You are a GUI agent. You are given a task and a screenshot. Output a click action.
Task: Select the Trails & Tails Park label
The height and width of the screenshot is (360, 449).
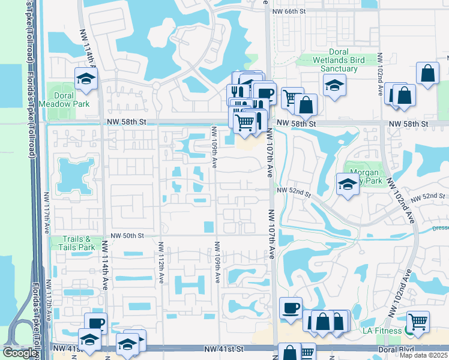pos(79,243)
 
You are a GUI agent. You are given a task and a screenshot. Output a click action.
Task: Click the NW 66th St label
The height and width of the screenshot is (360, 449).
pos(289,11)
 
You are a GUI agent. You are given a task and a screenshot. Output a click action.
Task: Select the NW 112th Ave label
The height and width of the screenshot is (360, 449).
pos(161,263)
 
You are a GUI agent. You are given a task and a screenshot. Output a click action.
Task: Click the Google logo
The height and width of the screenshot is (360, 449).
pos(20,353)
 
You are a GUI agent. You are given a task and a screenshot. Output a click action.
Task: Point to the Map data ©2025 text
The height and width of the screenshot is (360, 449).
pos(424,355)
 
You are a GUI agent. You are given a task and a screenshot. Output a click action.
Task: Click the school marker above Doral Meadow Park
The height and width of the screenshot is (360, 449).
pos(86,79)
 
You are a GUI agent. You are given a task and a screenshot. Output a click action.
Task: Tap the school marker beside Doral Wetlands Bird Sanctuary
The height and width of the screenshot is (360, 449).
pos(334,85)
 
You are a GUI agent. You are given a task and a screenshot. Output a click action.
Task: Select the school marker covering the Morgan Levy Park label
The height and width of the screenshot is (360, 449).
pos(348,184)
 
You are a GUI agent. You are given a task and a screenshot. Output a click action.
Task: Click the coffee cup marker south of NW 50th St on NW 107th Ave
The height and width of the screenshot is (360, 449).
pos(291,308)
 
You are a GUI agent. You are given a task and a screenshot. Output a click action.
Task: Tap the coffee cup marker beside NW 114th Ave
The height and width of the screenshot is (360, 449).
pos(95,323)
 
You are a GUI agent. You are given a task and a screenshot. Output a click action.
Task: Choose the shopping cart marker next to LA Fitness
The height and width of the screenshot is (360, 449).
pos(418,322)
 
